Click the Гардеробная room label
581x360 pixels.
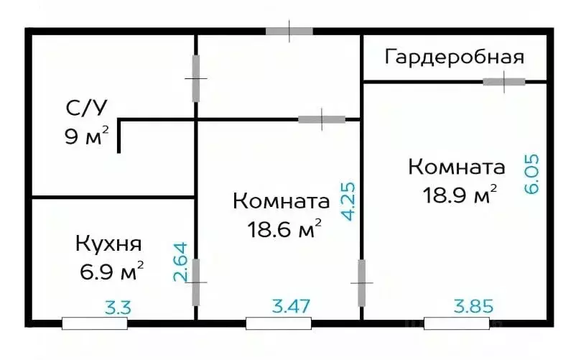tap(455, 57)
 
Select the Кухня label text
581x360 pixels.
tap(108, 244)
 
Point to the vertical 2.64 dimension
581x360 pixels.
tap(180, 263)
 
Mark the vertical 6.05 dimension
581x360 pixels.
tap(533, 174)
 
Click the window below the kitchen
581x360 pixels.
tap(95, 323)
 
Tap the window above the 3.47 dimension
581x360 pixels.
tap(279, 323)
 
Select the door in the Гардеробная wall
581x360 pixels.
tap(503, 82)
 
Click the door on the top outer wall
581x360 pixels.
tap(289, 31)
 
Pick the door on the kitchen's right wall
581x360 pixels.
tap(196, 282)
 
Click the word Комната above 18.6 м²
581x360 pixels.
tap(282, 201)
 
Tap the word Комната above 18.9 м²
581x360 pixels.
tap(457, 167)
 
